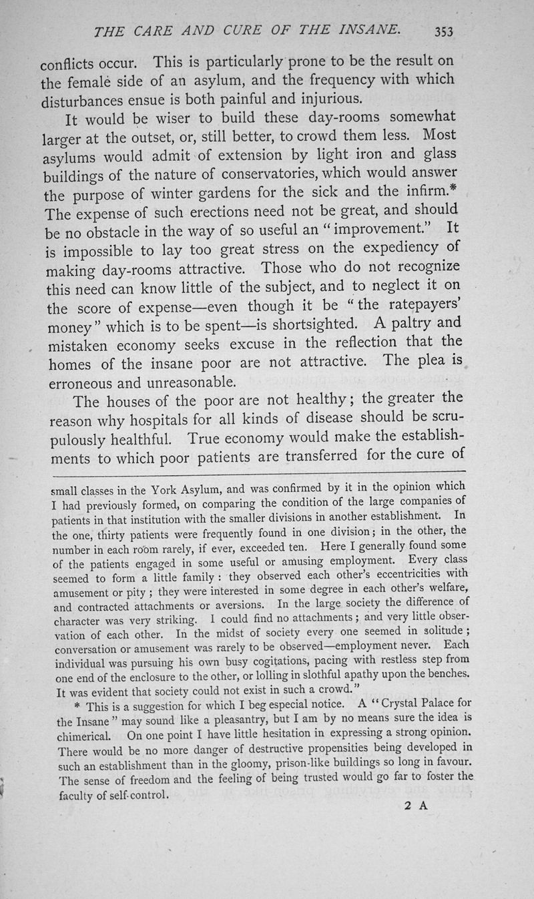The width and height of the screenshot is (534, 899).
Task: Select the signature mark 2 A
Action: [x=415, y=806]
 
